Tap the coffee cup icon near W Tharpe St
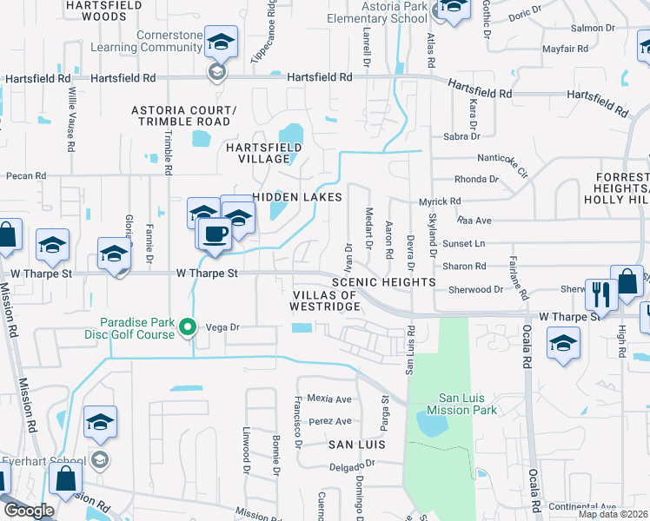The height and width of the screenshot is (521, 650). [215, 233]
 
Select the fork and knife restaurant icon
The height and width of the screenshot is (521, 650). [600, 294]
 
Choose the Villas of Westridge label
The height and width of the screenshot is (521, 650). [323, 300]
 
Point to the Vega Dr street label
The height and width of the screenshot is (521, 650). [222, 327]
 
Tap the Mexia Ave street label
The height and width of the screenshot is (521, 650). [331, 399]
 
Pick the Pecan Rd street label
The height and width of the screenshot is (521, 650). [25, 175]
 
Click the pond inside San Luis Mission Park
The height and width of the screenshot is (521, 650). [431, 424]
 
